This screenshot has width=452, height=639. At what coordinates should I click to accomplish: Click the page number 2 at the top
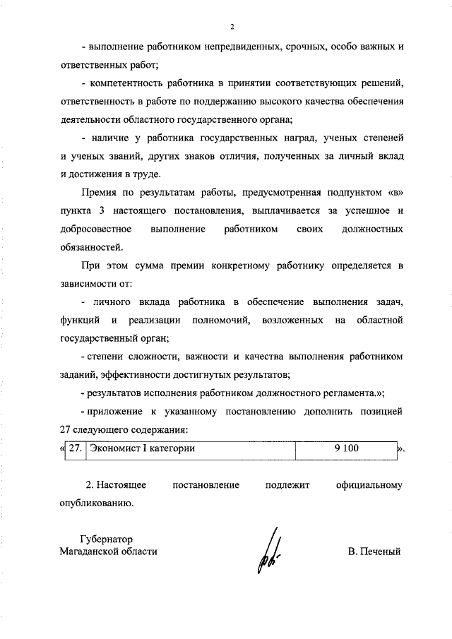[x=232, y=27]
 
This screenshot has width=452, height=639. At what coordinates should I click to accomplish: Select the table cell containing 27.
[x=76, y=448]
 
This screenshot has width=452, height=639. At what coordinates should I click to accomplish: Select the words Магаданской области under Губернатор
[x=109, y=551]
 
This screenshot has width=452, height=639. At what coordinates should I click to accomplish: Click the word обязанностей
[x=92, y=247]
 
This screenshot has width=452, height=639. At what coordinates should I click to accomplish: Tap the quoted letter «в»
[x=395, y=192]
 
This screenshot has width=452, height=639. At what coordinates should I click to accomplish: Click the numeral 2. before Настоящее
[x=90, y=486]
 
